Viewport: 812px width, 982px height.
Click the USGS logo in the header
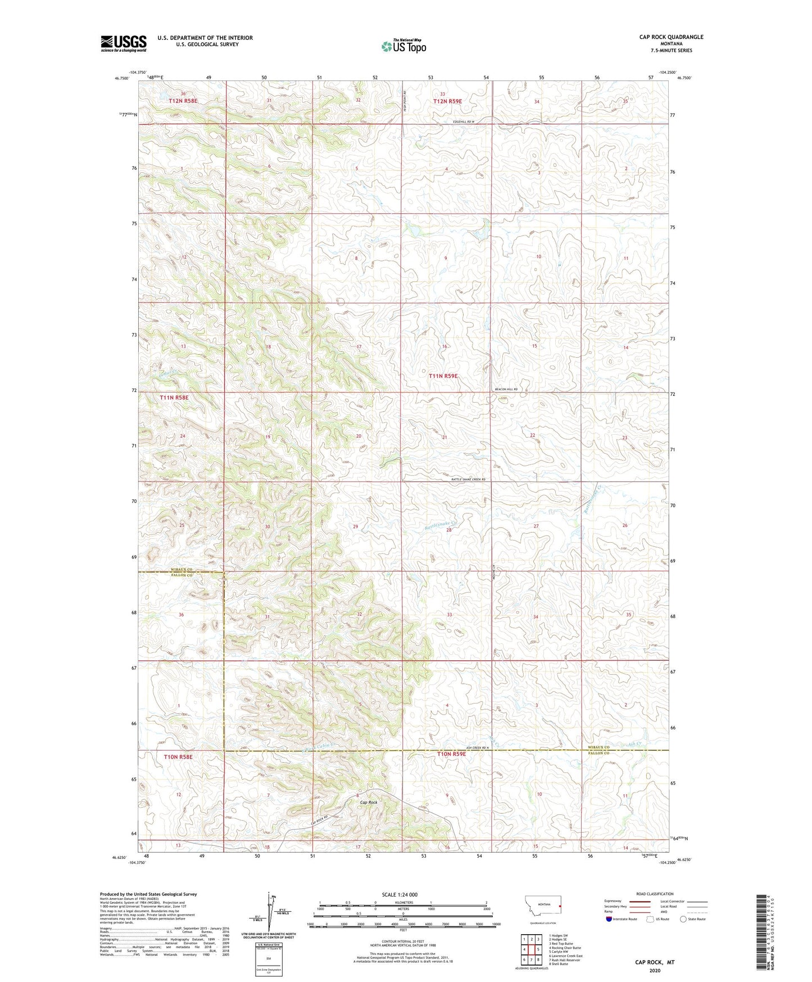(124, 43)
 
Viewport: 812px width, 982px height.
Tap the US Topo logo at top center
(403, 46)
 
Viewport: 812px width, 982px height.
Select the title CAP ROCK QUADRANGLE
(671, 37)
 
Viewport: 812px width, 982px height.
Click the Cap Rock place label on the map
(369, 802)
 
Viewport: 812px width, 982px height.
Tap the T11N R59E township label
(443, 375)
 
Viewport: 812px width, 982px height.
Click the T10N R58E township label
(178, 757)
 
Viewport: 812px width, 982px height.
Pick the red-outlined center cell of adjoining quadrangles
(531, 949)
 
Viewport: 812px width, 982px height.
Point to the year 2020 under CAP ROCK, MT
(655, 970)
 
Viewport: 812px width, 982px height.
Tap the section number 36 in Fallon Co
(181, 615)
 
